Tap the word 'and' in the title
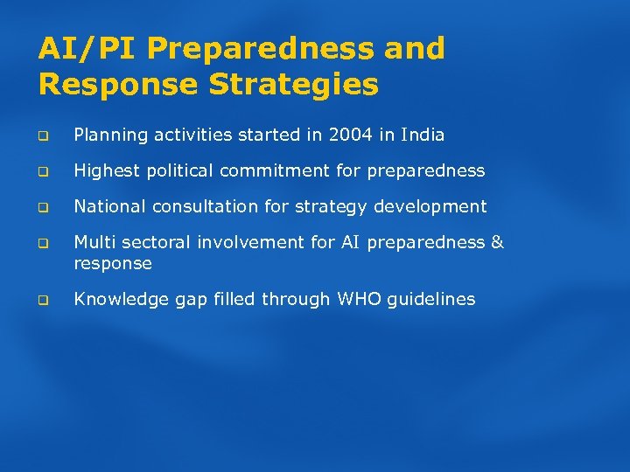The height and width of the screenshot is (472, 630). click(414, 49)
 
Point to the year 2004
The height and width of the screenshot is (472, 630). click(350, 135)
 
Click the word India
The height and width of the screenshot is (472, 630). click(423, 135)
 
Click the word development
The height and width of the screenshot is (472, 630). click(432, 207)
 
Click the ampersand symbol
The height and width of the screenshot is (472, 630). click(497, 242)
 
